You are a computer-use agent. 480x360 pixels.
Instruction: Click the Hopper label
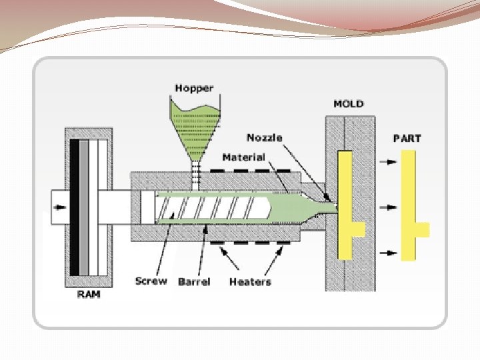194,87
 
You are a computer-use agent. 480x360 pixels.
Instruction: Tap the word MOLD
349,103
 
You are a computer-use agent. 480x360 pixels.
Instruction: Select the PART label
407,139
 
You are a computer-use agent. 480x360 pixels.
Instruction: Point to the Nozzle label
264,137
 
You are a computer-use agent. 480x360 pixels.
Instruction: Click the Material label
243,157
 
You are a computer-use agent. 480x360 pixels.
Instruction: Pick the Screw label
151,281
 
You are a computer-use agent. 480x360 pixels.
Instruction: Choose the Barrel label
194,281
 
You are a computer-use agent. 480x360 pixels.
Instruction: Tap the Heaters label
250,281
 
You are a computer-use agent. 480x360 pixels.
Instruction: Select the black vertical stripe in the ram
83,207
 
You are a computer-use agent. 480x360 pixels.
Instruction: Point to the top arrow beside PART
387,161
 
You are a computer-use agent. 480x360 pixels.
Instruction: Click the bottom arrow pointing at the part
387,253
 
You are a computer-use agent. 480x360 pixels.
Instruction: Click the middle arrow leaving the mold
387,207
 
